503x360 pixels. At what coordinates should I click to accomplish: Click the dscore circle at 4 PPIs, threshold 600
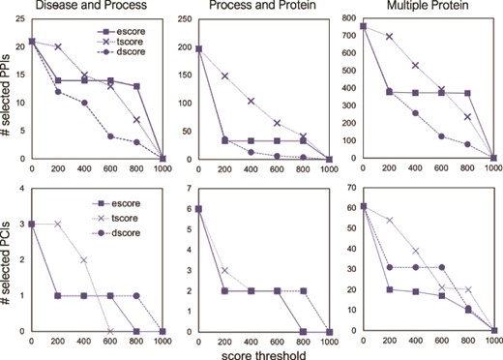(x=110, y=136)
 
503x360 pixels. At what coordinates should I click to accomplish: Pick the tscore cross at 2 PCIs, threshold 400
(x=83, y=260)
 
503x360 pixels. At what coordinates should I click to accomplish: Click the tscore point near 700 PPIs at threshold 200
(x=391, y=36)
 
